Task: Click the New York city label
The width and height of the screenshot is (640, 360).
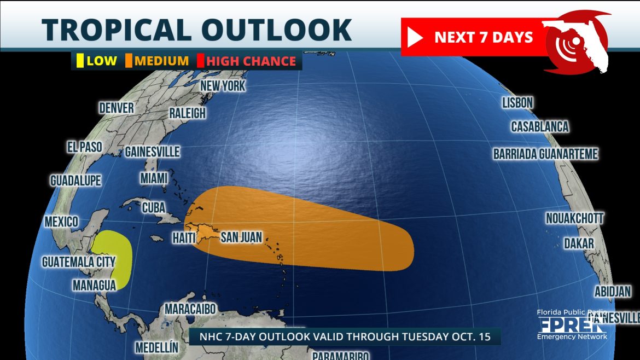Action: click(223, 86)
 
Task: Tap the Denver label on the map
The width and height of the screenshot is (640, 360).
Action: click(116, 107)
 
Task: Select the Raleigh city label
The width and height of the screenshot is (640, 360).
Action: click(187, 113)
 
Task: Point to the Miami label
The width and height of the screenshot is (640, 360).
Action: click(154, 178)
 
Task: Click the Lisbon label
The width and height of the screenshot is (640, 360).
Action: click(517, 102)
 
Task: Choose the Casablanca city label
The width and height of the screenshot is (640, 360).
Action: click(540, 127)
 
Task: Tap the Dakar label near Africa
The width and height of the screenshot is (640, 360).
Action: click(579, 243)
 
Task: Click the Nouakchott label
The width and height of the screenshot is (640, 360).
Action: click(574, 218)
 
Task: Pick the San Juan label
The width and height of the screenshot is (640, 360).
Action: click(241, 237)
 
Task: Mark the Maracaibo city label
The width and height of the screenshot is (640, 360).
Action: click(190, 309)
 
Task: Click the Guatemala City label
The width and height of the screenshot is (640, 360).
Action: click(79, 262)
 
